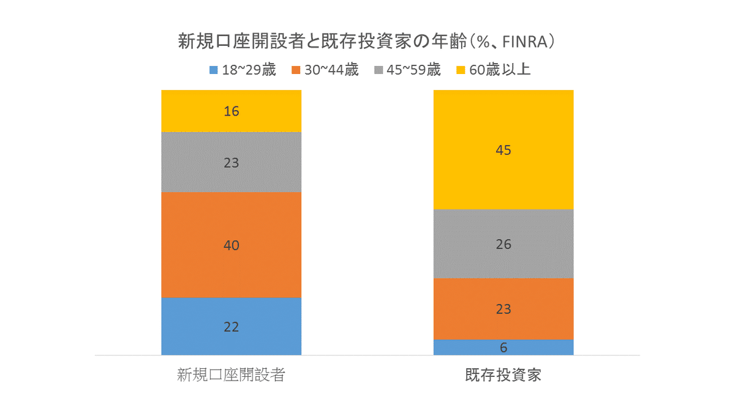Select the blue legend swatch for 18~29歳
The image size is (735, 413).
(214, 70)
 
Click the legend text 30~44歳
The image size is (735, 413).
(331, 70)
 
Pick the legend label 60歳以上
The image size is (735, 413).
(499, 70)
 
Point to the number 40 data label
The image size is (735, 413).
(232, 245)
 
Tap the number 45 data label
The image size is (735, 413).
(503, 150)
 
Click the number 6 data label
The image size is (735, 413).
(503, 348)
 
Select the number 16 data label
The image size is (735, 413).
(232, 111)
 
